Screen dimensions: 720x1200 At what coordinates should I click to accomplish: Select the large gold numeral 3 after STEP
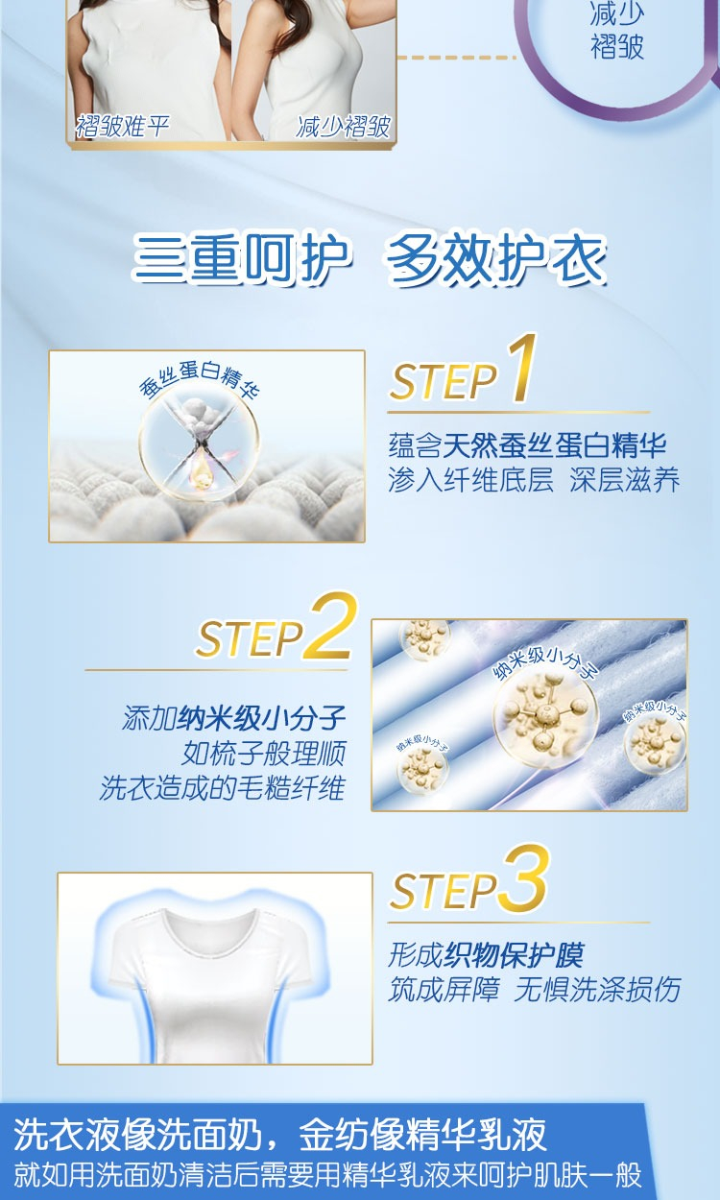524,878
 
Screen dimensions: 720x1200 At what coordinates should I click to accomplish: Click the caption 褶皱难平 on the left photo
123,127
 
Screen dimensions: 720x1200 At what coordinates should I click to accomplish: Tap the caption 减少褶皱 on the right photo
344,127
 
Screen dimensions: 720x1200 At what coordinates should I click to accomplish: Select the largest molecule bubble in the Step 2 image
545,717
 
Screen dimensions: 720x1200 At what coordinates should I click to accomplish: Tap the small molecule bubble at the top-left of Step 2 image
425,638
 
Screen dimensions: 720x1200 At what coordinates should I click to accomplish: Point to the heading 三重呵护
241,258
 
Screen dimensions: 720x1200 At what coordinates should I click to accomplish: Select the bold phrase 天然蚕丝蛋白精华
555,445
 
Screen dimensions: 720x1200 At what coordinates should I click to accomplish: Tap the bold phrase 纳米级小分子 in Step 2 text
261,718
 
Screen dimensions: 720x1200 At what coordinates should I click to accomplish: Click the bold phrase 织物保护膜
515,954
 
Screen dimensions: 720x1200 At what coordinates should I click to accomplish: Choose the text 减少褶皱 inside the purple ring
616,30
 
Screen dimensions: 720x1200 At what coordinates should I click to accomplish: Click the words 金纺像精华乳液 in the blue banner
422,1134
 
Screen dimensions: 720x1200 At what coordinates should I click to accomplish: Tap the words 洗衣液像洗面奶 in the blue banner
137,1134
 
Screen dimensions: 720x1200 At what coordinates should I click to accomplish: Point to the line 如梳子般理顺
264,754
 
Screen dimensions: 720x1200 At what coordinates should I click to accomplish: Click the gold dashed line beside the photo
456,57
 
